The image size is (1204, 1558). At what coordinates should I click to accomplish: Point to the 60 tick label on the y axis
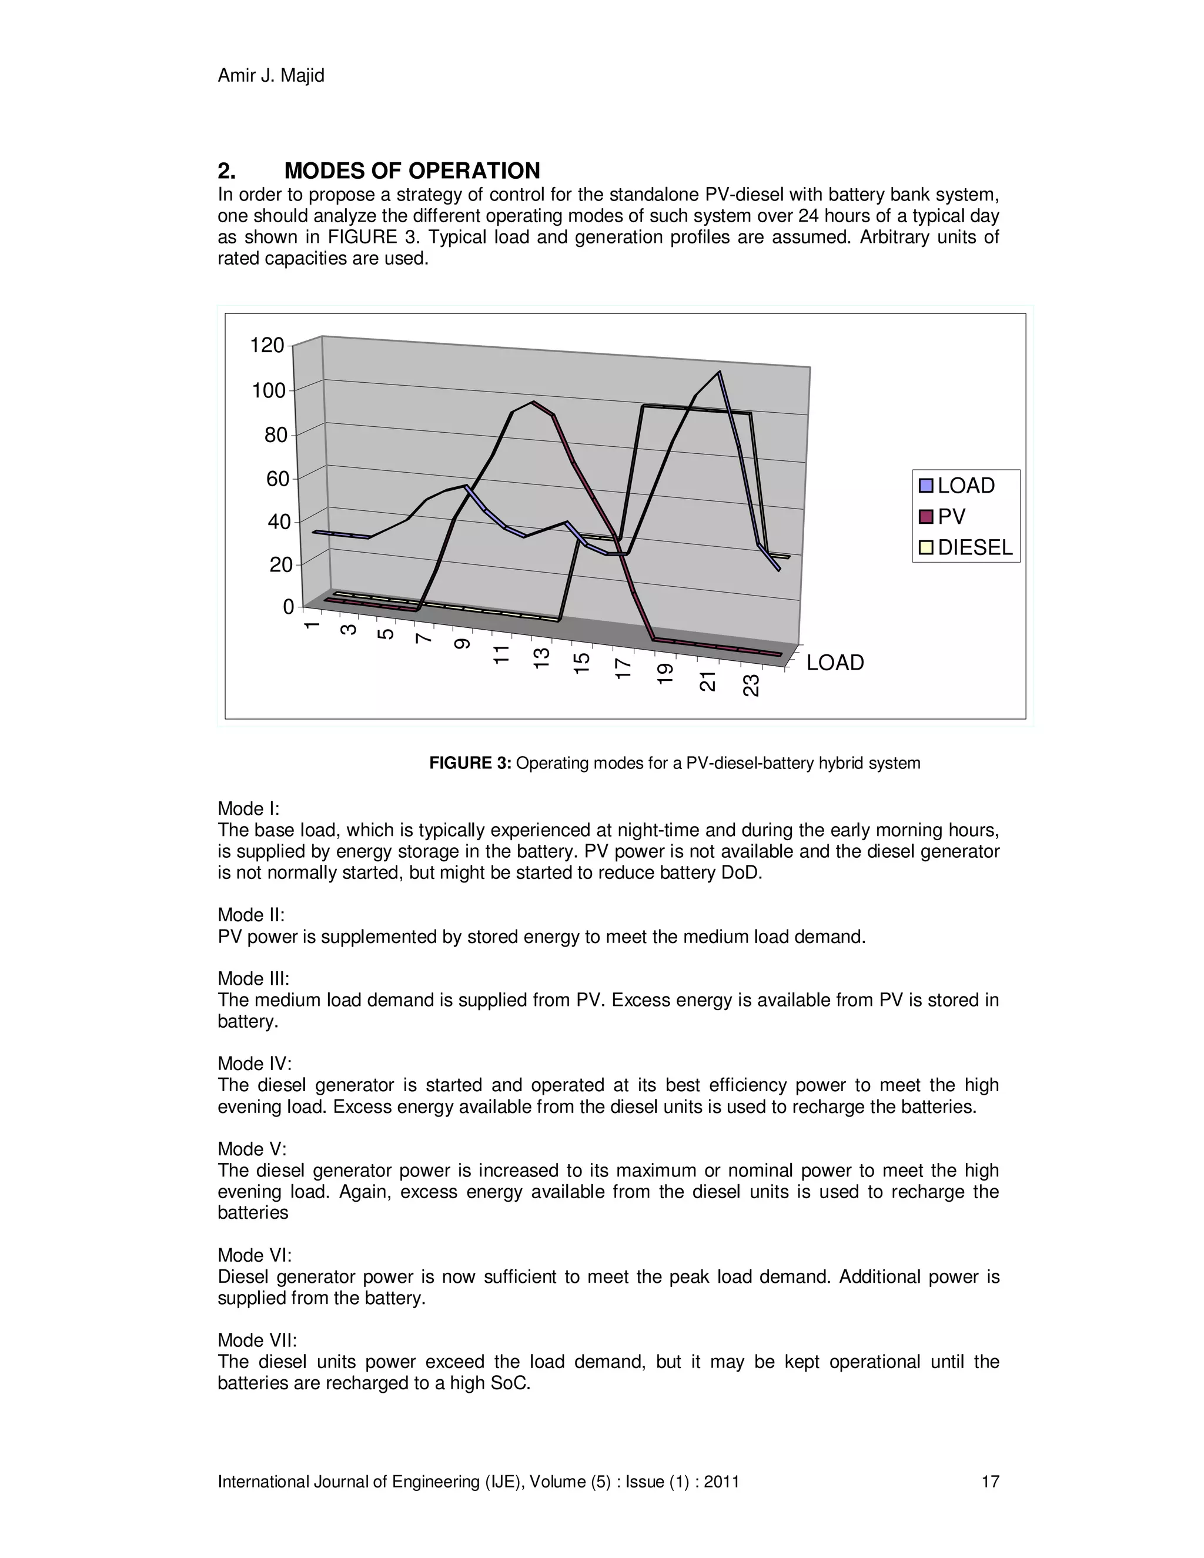point(277,479)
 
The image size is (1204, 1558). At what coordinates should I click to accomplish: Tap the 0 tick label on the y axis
point(287,607)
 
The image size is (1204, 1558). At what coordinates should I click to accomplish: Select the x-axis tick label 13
point(541,657)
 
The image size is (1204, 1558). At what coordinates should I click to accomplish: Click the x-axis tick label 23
point(751,686)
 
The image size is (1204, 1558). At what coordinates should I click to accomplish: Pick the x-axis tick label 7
point(424,638)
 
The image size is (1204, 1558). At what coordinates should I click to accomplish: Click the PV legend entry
point(951,516)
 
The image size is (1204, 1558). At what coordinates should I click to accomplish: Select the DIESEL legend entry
point(974,547)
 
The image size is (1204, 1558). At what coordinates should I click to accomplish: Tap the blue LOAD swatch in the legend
point(927,486)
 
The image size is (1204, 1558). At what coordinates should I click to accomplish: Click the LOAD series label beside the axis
point(835,663)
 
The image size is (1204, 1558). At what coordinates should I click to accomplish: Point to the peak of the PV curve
point(532,402)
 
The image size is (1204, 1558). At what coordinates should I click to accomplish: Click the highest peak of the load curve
point(719,372)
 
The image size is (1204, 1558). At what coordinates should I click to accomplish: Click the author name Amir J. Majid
point(270,76)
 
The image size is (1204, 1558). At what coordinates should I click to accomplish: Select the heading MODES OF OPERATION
point(412,170)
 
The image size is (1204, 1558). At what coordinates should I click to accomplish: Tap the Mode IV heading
point(254,1064)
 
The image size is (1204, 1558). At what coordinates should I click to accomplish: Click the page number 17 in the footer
point(990,1482)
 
